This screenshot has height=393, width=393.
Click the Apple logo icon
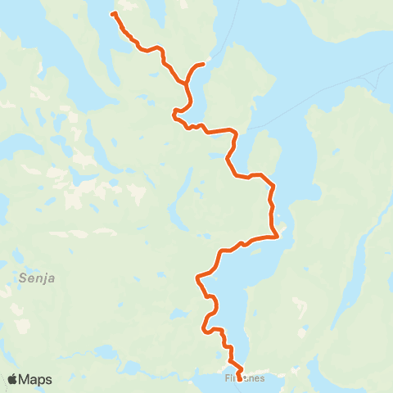[x=13, y=379]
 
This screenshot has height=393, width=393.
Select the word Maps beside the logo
[x=37, y=379]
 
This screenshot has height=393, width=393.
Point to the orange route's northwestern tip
[x=113, y=14]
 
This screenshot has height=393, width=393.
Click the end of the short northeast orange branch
[x=202, y=63]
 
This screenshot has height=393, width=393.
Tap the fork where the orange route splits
[x=189, y=79]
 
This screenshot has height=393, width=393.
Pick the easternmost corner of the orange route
[x=279, y=236]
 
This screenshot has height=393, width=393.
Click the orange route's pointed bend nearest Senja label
[x=197, y=278]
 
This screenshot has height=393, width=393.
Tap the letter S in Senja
[x=20, y=278]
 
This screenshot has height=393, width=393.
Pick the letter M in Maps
[x=28, y=379]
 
